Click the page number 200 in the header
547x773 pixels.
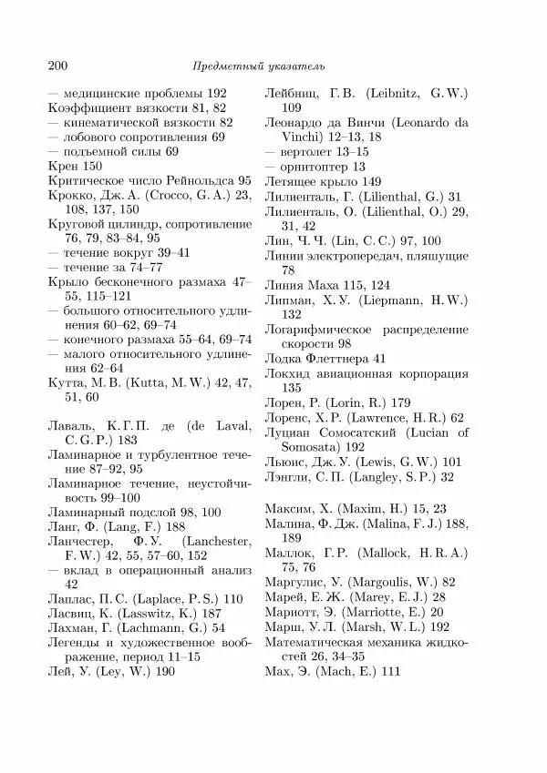[x=56, y=66]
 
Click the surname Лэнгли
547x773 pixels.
[x=286, y=476]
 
